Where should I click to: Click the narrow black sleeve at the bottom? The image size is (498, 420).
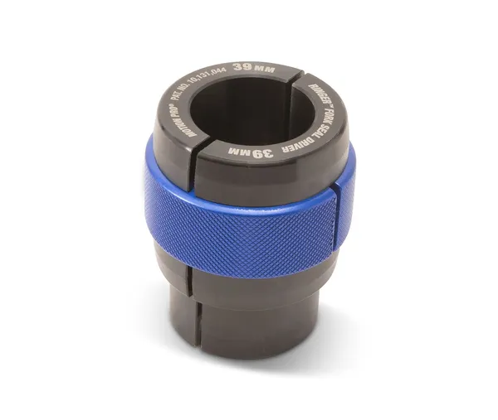[249, 323]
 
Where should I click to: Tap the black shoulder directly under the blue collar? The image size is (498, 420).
[249, 278]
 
